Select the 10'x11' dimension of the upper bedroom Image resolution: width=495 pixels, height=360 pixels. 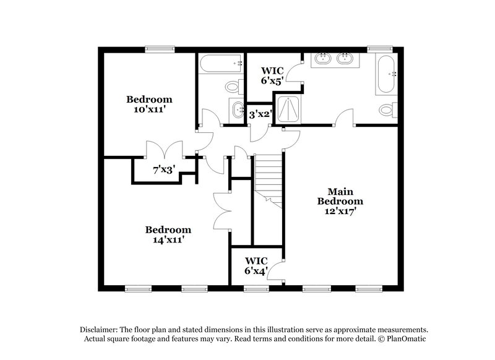coord(149,109)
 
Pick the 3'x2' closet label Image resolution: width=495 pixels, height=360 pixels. coord(260,114)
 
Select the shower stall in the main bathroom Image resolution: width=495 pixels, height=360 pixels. coord(286,109)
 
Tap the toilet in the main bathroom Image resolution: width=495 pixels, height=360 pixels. coord(387,110)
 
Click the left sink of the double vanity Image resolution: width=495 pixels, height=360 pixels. coord(322,59)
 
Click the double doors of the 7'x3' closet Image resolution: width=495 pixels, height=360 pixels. coord(164,150)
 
